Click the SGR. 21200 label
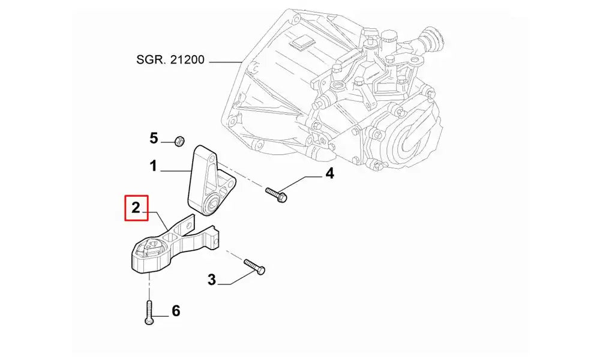171,60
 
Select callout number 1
154,166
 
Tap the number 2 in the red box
136,208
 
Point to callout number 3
211,279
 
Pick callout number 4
329,174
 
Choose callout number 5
154,139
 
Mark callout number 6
176,311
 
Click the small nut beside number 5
178,141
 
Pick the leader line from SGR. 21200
223,61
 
